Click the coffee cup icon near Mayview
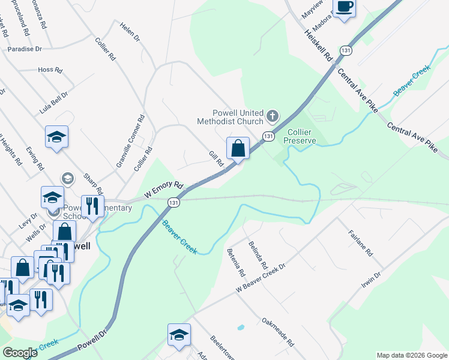point(345,7)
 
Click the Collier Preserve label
point(300,136)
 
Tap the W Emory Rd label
point(163,190)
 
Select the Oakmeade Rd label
point(277,332)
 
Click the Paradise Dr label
point(25,49)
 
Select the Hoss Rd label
point(50,70)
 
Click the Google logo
point(20,353)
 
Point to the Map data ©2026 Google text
point(411,355)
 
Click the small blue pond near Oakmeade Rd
point(241,328)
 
